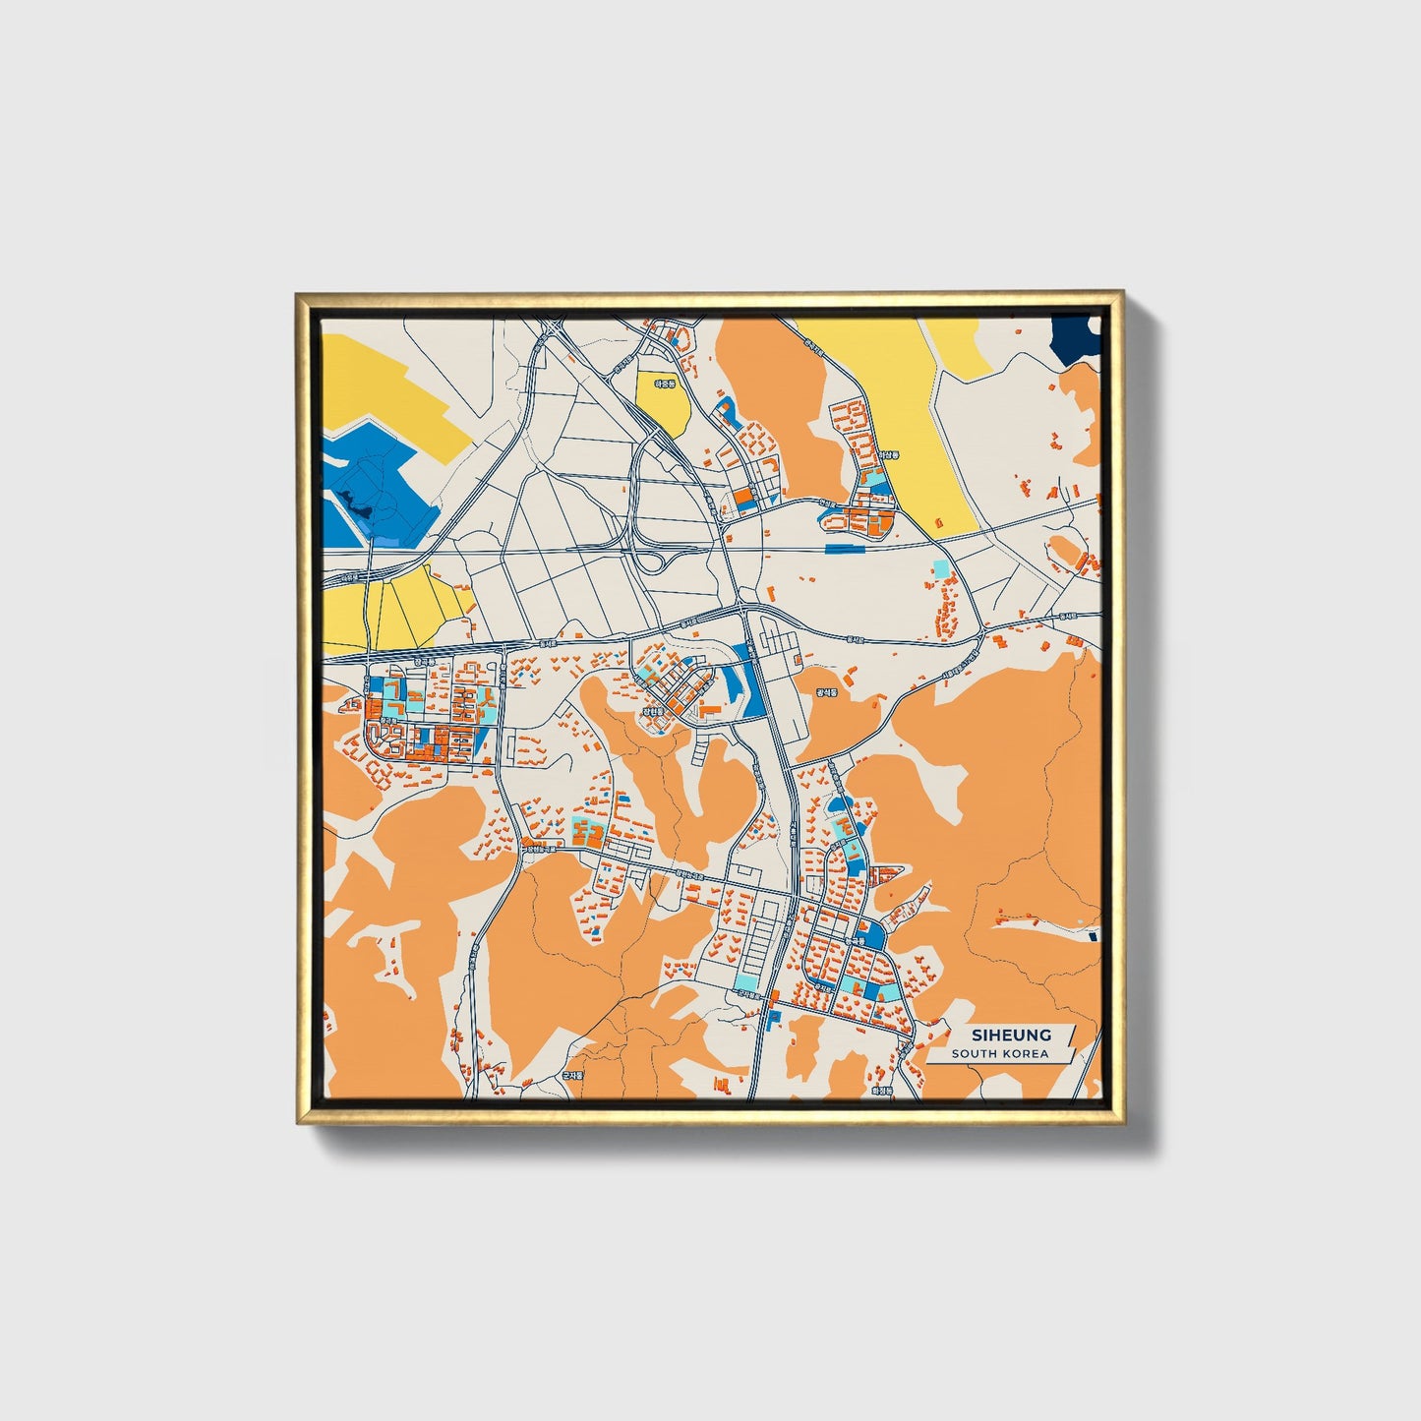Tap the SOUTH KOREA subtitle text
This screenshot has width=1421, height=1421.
click(x=999, y=1054)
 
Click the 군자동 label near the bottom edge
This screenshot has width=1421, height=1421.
click(x=571, y=1076)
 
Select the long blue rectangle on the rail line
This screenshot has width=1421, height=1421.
click(x=846, y=549)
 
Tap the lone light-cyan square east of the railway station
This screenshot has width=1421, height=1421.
click(x=941, y=568)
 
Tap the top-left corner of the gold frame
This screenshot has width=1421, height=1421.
click(x=299, y=295)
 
